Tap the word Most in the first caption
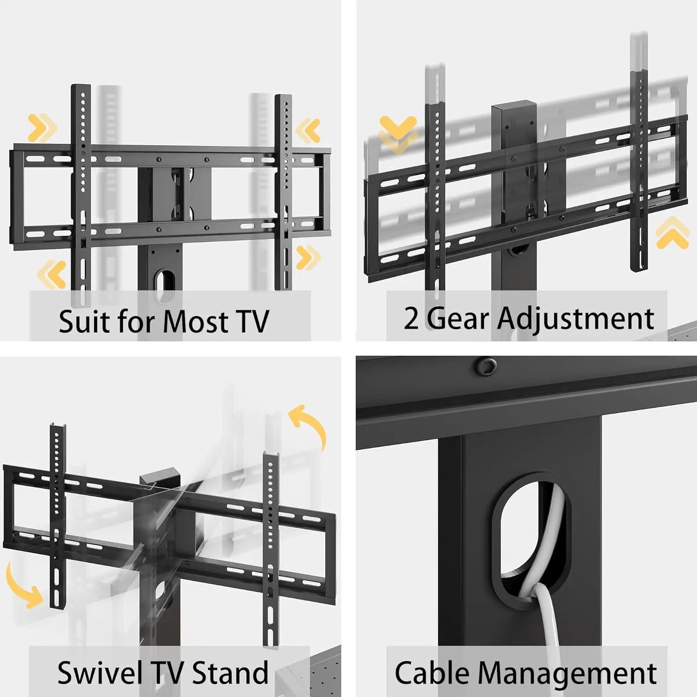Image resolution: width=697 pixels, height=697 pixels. tap(195, 321)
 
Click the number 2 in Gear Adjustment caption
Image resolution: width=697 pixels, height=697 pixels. tap(411, 319)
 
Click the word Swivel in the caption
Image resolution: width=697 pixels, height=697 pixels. tap(99, 672)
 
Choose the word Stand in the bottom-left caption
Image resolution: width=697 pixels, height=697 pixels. tap(230, 672)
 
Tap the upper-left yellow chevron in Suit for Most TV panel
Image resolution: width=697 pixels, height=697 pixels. tap(42, 127)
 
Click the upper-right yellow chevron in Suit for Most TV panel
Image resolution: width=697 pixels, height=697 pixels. tap(308, 131)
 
